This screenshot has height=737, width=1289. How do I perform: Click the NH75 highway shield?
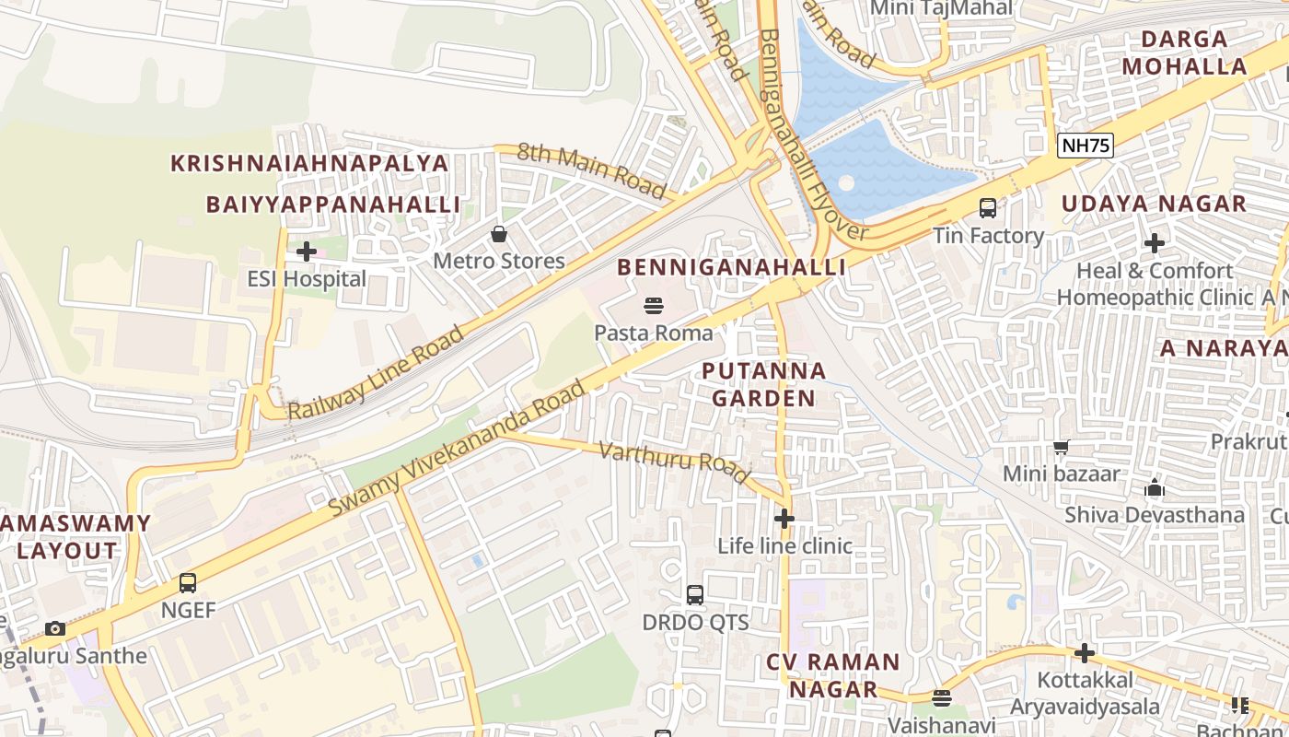[x=1086, y=145]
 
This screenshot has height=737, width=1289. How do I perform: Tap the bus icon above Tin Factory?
[x=988, y=208]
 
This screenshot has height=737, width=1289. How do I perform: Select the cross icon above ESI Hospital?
[x=307, y=252]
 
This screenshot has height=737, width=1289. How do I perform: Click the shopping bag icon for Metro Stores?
[x=499, y=234]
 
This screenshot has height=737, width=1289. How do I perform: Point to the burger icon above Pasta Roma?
[x=654, y=305]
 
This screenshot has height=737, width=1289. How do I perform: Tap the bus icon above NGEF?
[x=188, y=582]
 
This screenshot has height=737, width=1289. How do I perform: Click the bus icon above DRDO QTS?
[x=695, y=594]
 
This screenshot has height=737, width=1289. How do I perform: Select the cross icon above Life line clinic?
[x=784, y=519]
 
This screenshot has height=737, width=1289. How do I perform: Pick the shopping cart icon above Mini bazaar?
[x=1061, y=447]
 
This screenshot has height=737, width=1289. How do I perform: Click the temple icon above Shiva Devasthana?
[x=1154, y=487]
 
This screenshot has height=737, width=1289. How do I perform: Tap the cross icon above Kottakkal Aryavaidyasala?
[x=1085, y=653]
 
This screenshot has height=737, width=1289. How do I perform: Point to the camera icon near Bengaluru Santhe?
[x=55, y=628]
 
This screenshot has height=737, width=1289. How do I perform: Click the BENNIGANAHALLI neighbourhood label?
[x=731, y=267]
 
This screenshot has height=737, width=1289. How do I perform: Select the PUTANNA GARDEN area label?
[x=764, y=384]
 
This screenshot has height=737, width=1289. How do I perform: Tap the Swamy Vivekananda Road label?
[x=457, y=449]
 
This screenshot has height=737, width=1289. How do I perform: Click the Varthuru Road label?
[x=674, y=462]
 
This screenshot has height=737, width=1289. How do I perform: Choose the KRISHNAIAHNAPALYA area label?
[x=309, y=163]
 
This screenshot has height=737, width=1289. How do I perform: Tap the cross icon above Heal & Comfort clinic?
[x=1155, y=243]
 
